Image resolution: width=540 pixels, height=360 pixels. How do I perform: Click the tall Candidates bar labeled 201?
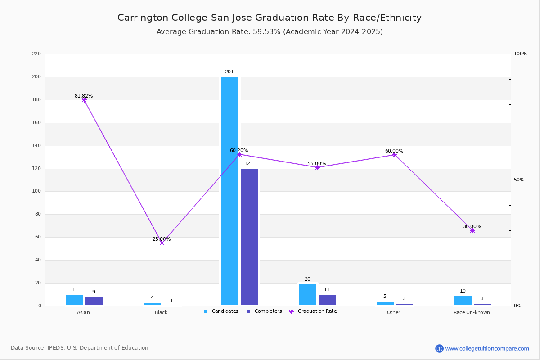pos(230,191)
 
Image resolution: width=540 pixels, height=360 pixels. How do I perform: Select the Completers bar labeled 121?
pos(249,237)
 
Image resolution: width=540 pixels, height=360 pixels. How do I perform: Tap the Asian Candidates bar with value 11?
pos(75,300)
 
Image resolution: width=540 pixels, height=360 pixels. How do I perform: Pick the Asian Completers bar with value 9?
pos(94,301)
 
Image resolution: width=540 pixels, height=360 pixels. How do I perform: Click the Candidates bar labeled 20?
pos(308,295)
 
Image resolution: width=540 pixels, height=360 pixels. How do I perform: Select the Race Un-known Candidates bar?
pos(463,301)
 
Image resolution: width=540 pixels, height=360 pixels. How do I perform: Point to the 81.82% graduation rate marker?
pos(84,100)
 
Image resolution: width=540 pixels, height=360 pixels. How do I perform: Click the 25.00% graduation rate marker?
pos(162,243)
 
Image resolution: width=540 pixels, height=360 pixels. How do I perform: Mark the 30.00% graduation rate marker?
pos(472,230)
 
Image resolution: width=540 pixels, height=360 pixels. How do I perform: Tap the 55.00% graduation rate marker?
pos(317,167)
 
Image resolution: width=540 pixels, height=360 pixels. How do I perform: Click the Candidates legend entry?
pos(221,311)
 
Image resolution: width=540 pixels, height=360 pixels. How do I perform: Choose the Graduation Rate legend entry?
pos(313,311)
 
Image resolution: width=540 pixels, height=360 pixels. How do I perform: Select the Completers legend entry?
pos(264,311)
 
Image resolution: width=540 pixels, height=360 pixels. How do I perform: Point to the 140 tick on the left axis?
pos(36,146)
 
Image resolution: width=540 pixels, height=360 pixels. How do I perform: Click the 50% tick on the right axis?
pos(519,180)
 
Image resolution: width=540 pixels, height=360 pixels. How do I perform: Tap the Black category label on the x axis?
pos(161,312)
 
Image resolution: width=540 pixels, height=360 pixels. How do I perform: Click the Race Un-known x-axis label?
pos(472,312)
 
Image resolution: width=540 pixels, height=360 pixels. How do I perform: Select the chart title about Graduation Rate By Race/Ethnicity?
pos(270,18)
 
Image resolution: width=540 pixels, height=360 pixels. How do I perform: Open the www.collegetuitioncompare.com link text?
pos(487,348)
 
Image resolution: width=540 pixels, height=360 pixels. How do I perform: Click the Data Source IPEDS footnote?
pos(80,348)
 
